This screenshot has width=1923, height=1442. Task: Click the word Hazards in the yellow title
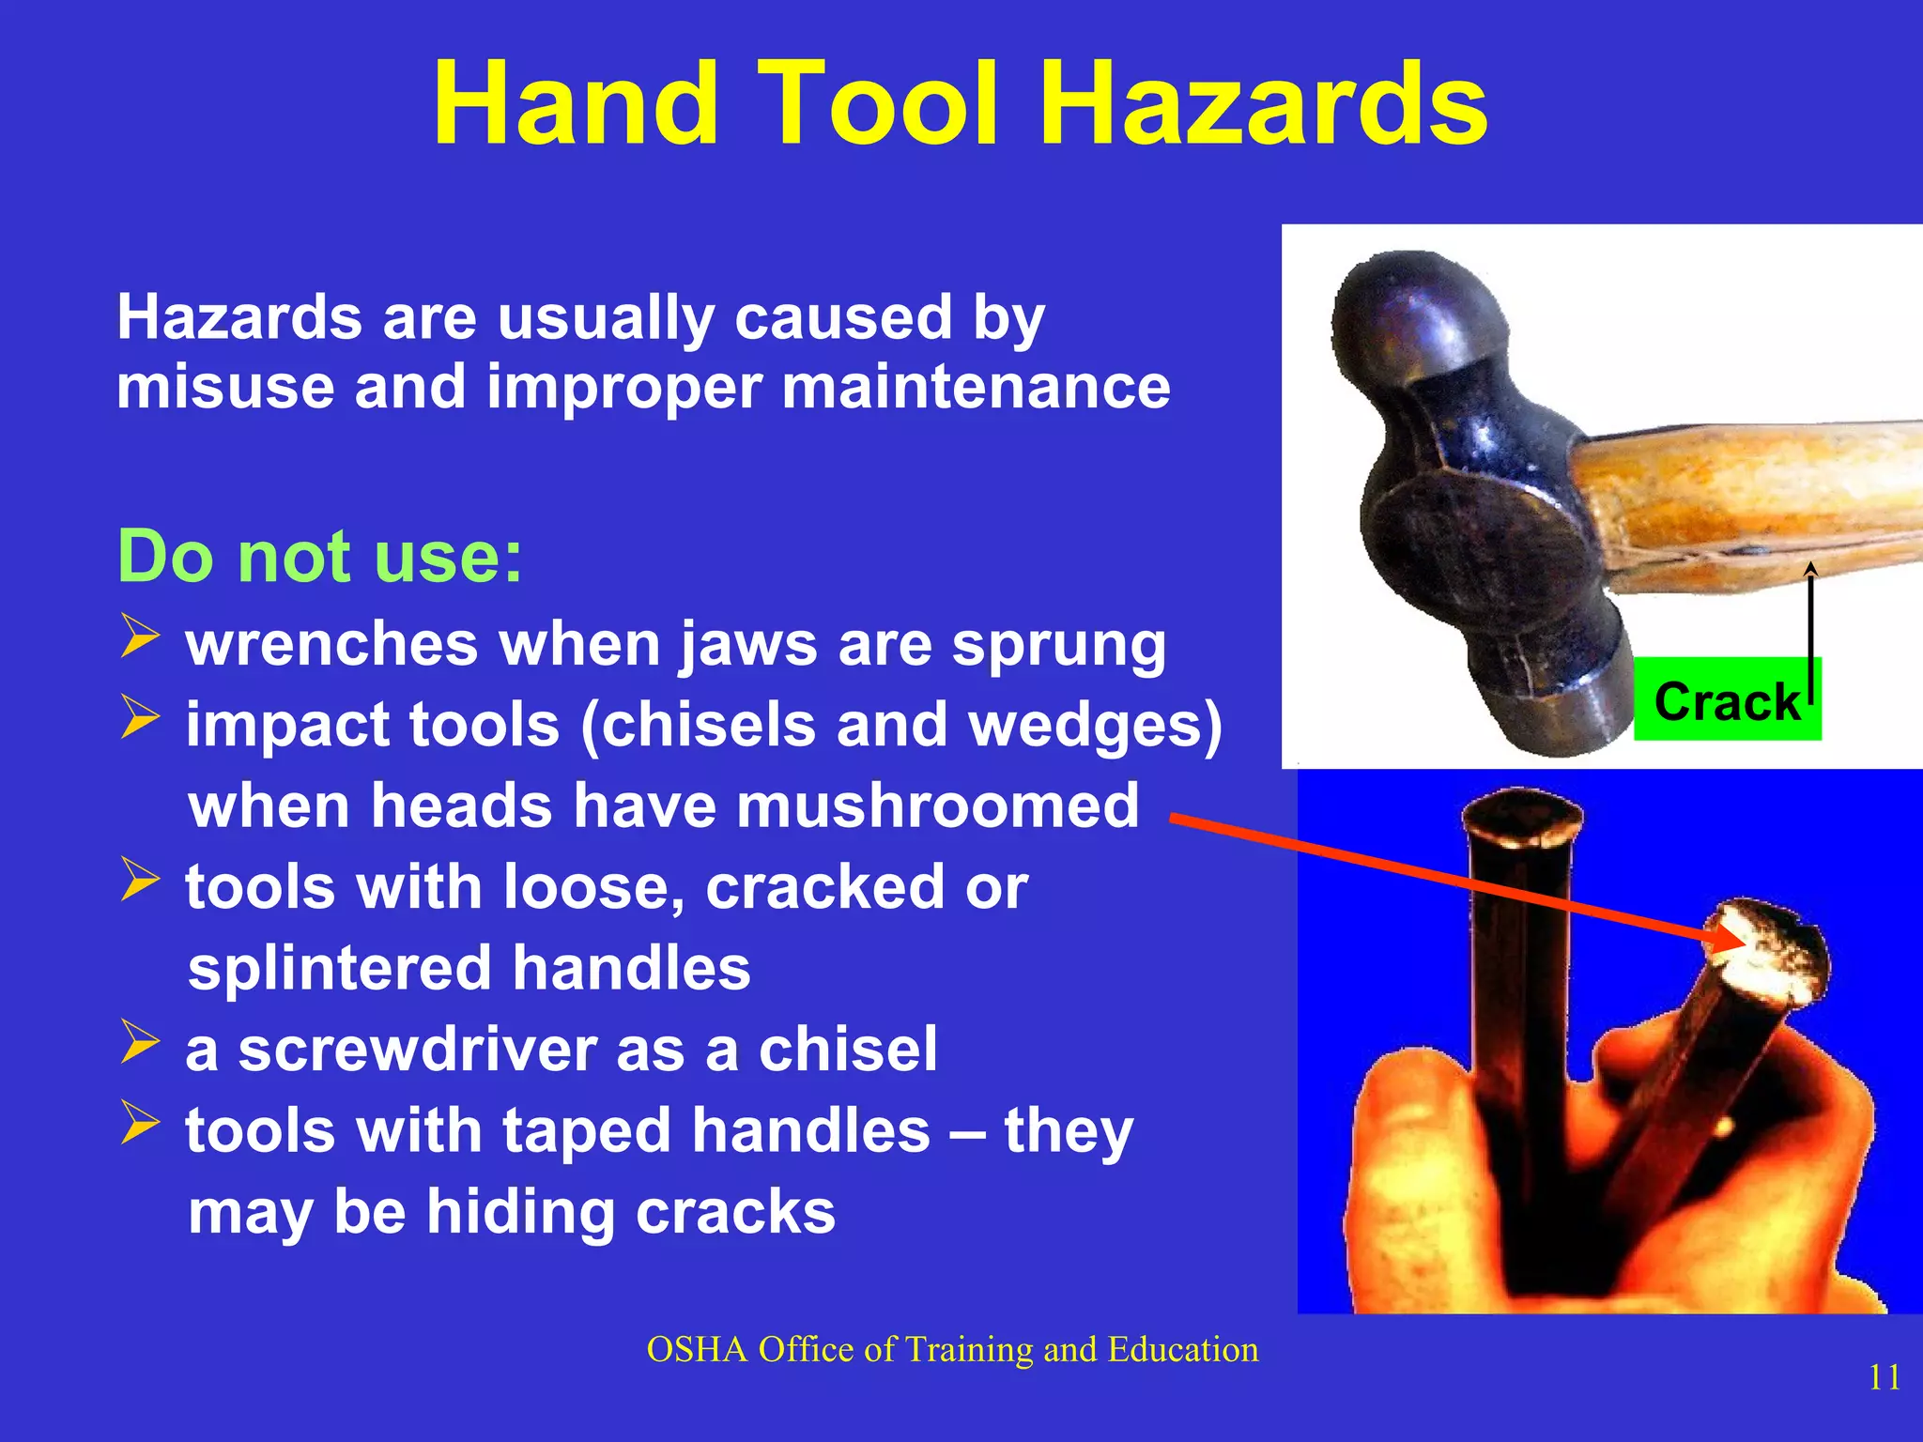(1263, 103)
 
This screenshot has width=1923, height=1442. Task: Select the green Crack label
(1726, 700)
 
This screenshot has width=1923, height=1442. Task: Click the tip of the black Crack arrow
(1811, 566)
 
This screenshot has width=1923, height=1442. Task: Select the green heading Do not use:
(319, 557)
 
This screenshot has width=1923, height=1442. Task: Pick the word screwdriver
(418, 1050)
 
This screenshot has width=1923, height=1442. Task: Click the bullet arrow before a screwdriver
(140, 1043)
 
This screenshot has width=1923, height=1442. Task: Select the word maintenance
(976, 387)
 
